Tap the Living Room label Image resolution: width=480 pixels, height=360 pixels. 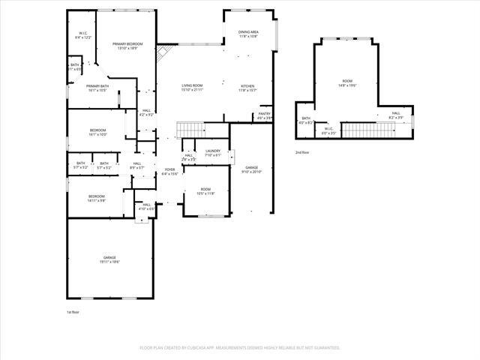tap(193, 88)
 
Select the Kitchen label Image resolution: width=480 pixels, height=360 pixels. tap(247, 88)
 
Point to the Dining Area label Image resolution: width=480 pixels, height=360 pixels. tap(248, 34)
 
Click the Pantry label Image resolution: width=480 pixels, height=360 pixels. tap(264, 115)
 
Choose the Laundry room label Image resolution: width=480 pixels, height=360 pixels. tap(213, 153)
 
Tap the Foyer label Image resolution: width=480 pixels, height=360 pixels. tap(170, 172)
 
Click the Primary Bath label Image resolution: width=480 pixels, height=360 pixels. tap(97, 88)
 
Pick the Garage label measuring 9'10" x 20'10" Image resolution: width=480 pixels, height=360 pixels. tap(252, 169)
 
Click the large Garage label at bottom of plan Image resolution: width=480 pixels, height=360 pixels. tap(110, 259)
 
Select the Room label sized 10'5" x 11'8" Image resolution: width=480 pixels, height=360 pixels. tap(205, 191)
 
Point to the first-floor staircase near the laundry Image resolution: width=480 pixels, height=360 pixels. tap(189, 130)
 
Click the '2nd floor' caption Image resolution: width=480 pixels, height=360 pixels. tap(301, 152)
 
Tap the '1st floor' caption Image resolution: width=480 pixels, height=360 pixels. tap(73, 311)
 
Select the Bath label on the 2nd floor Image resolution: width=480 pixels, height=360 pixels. tap(306, 120)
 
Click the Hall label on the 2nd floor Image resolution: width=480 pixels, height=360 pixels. tap(395, 115)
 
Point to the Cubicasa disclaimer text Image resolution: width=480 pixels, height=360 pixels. tap(240, 348)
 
